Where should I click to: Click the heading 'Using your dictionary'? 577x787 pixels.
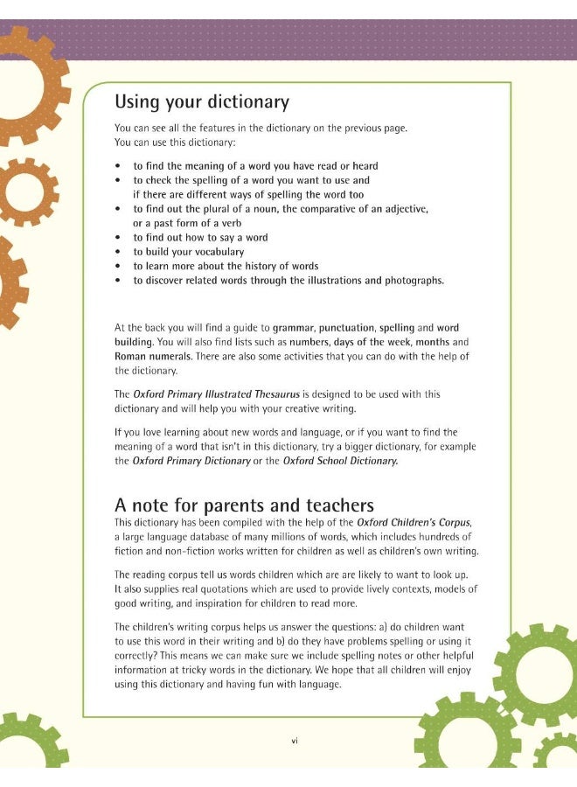point(202,101)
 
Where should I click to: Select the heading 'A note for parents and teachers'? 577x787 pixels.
point(244,505)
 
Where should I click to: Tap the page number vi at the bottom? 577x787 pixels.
point(295,741)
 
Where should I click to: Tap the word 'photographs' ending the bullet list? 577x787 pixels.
point(412,281)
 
